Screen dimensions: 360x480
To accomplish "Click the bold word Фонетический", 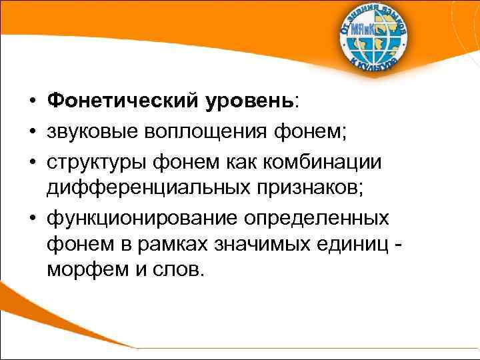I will pos(121,102).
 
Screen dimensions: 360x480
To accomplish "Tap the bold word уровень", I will pos(248,102).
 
